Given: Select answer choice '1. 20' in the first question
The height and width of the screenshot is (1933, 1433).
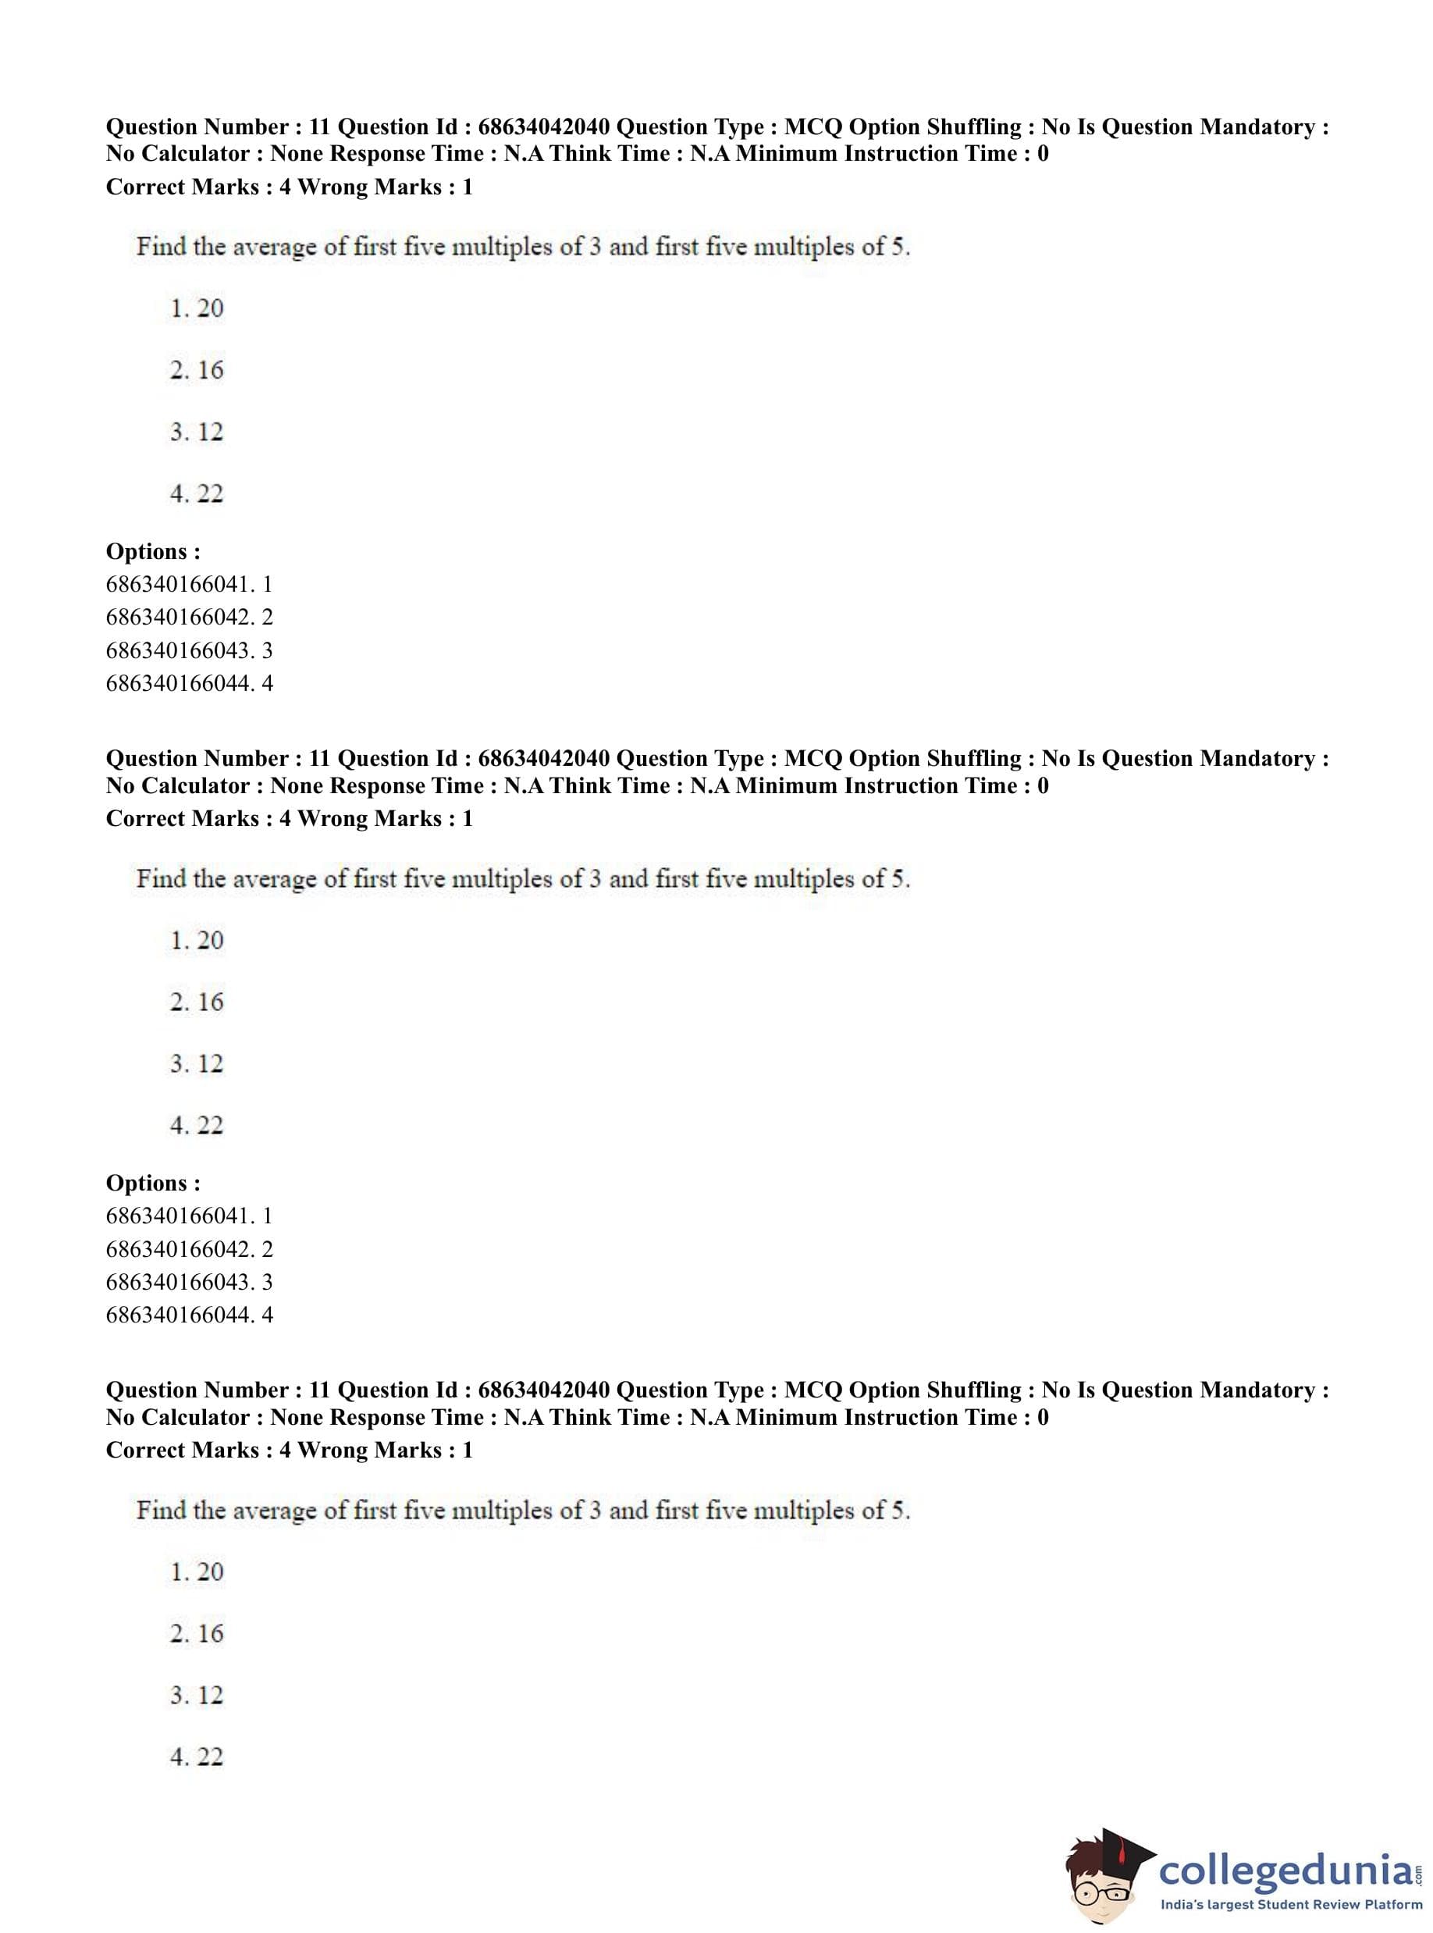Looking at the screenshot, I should [197, 308].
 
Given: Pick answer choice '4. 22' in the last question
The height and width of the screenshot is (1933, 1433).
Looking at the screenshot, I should [197, 1757].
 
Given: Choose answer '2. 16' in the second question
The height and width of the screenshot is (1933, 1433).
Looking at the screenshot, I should [197, 1002].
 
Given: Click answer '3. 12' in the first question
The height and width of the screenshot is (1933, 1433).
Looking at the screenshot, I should [197, 432].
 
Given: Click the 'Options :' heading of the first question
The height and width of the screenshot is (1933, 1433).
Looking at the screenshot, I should [153, 551].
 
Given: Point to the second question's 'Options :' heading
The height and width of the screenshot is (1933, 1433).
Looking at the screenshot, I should [153, 1183].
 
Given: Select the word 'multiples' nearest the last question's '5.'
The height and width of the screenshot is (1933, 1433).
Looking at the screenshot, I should [803, 1511].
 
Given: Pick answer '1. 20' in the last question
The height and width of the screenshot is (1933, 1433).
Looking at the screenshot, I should [197, 1572].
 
